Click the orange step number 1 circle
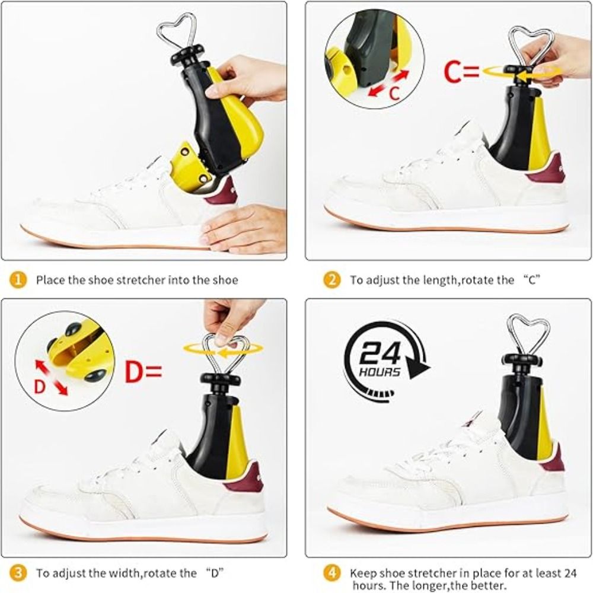[x=18, y=280]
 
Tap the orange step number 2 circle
[x=331, y=280]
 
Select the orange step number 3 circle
[x=18, y=573]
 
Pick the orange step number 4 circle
[x=331, y=573]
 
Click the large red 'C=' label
[x=461, y=72]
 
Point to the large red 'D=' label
[x=144, y=372]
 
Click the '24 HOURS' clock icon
[x=386, y=361]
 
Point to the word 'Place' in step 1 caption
[x=50, y=280]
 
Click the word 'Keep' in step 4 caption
[x=363, y=573]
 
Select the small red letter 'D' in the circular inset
[x=40, y=387]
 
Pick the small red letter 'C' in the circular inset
[x=394, y=93]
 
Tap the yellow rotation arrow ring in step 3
[x=223, y=349]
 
